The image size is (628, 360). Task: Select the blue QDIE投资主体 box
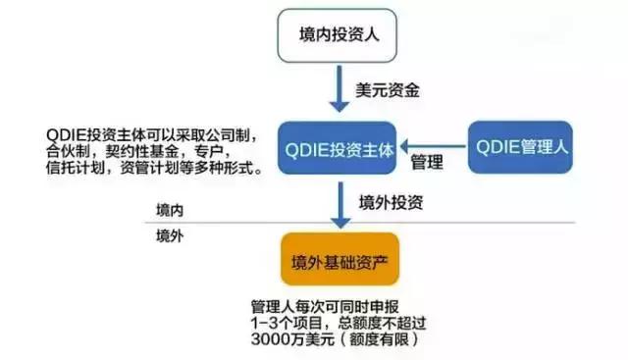pos(339,148)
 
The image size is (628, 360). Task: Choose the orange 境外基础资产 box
pos(339,259)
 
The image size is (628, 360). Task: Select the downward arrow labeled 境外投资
pos(339,205)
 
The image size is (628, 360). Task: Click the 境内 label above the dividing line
pos(170,211)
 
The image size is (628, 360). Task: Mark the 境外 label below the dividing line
pos(170,236)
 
